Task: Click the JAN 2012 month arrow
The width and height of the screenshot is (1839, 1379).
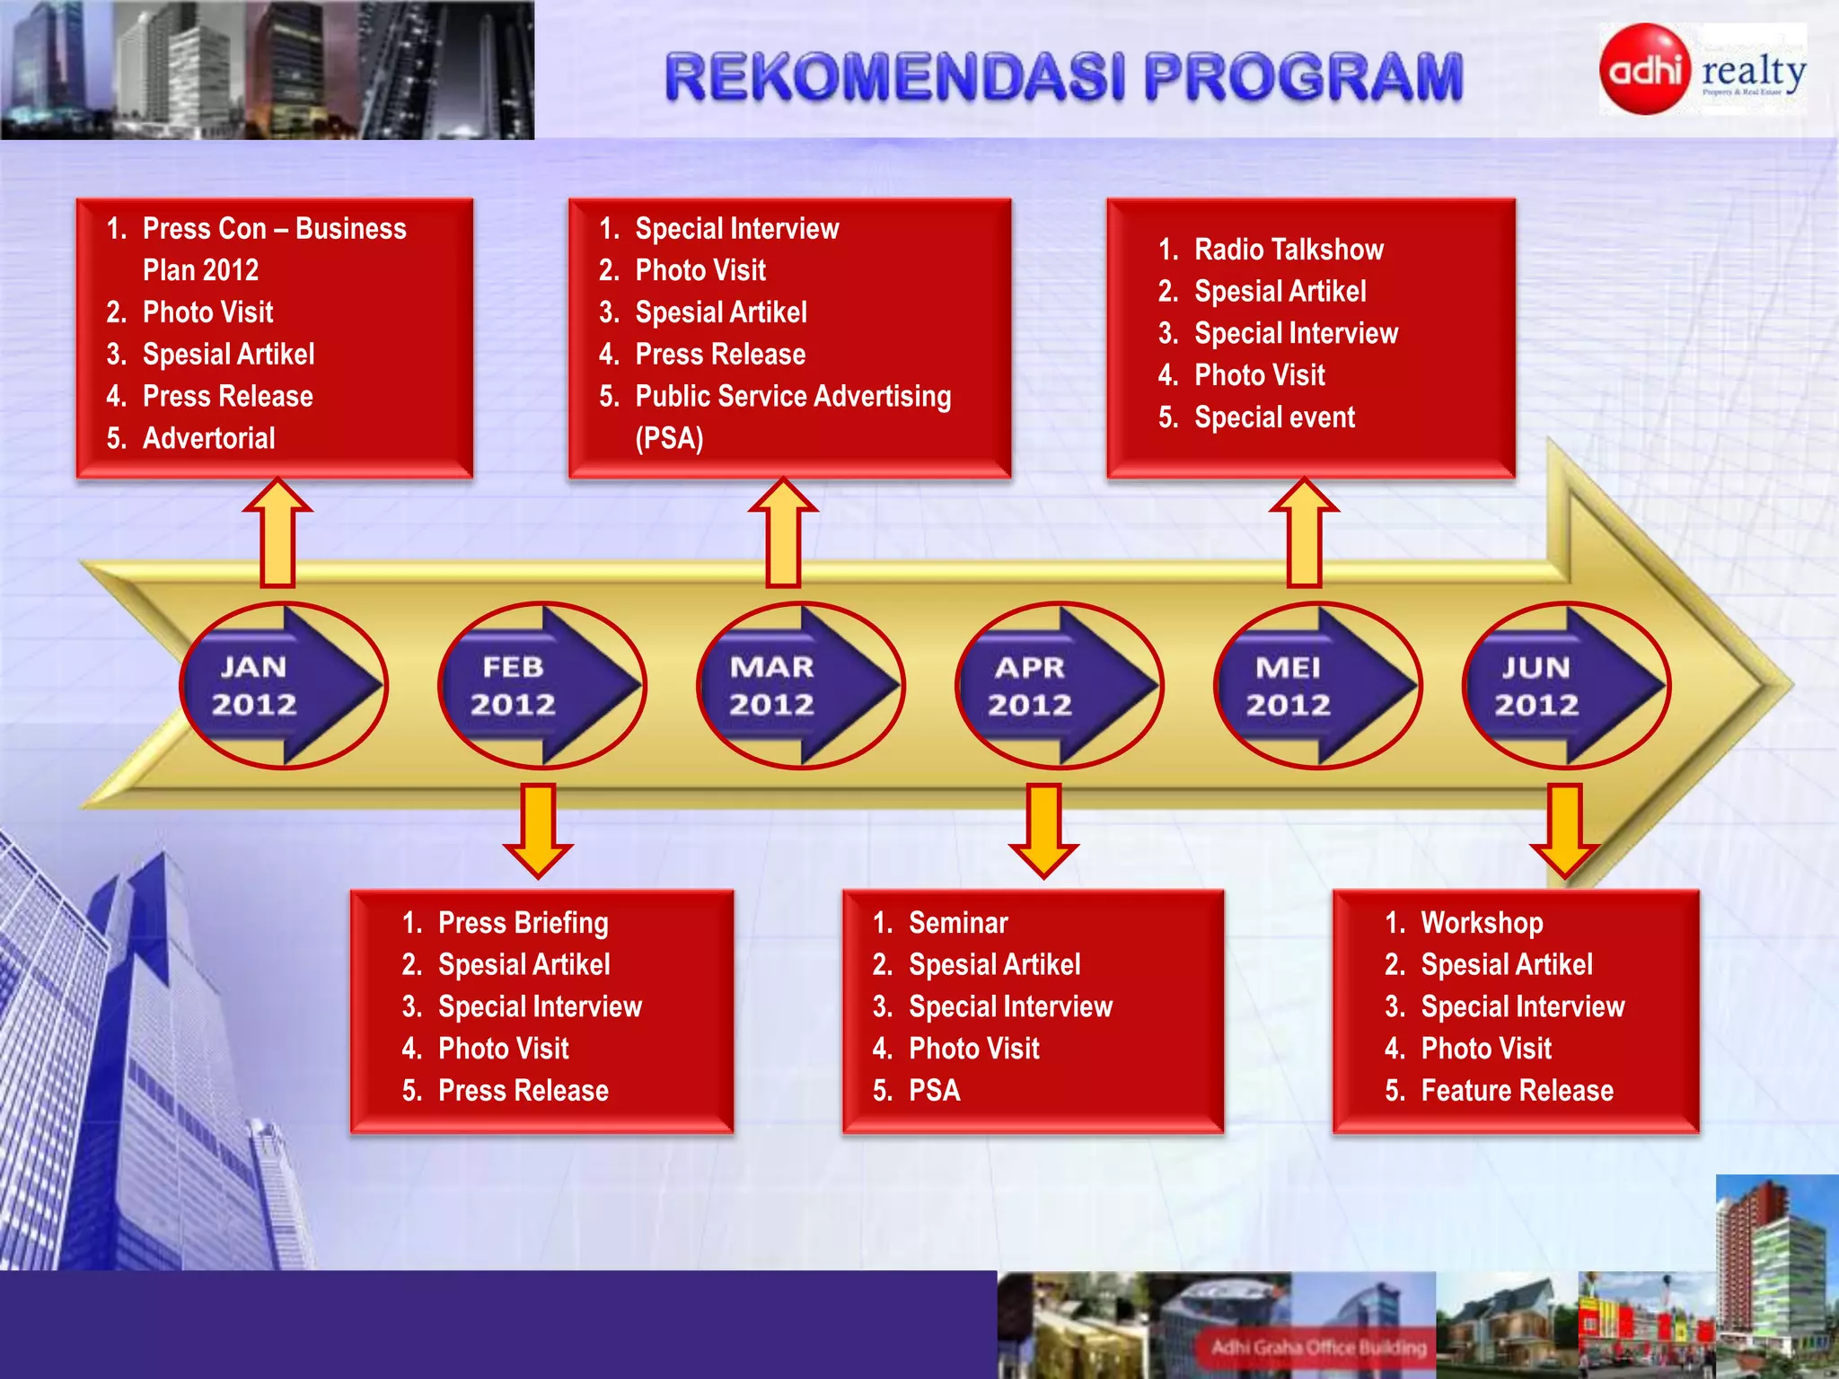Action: click(x=283, y=686)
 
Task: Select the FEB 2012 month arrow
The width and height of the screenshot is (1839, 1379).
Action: click(x=541, y=686)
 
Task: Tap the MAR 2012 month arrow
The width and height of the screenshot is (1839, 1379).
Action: click(x=800, y=686)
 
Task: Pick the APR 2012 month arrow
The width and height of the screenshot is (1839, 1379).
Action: click(x=1059, y=686)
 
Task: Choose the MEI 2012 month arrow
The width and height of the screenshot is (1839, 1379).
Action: click(x=1316, y=686)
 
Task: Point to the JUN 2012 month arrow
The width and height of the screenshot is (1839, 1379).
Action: click(x=1566, y=686)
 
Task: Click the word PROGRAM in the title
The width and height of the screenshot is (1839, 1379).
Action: click(x=1303, y=77)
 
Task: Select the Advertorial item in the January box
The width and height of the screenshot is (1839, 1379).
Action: click(x=208, y=438)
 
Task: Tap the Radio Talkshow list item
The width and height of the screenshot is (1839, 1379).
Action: click(x=1288, y=250)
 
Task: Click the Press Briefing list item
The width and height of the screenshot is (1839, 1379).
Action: click(x=523, y=923)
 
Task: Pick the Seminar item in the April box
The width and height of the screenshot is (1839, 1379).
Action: click(x=957, y=923)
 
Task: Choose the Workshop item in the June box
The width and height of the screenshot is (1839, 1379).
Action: click(x=1482, y=923)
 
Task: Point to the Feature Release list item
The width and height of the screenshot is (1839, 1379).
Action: click(x=1517, y=1091)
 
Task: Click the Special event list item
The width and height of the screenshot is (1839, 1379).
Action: click(x=1274, y=417)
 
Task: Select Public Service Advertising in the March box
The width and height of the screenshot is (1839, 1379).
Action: click(x=792, y=397)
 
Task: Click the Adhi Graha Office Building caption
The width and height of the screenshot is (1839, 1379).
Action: click(x=1318, y=1347)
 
